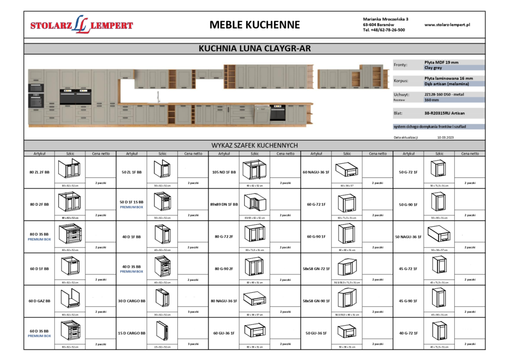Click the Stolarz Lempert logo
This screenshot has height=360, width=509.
(x=82, y=25)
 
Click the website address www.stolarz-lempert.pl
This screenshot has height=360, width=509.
(x=447, y=24)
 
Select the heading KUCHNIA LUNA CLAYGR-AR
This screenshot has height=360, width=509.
(x=254, y=49)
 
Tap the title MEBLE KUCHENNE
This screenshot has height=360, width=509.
(x=254, y=25)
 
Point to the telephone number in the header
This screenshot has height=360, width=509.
(x=384, y=30)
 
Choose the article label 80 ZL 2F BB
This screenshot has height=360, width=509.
(x=39, y=172)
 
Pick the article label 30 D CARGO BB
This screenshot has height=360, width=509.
(x=132, y=301)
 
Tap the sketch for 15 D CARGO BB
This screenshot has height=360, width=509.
(x=162, y=331)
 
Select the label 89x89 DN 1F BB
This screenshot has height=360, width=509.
(x=224, y=204)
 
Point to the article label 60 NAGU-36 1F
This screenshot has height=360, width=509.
(x=316, y=172)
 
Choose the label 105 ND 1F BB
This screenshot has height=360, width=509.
(x=224, y=172)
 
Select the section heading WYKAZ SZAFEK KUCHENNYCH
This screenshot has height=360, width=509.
(x=254, y=145)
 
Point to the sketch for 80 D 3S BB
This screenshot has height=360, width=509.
(x=70, y=234)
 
